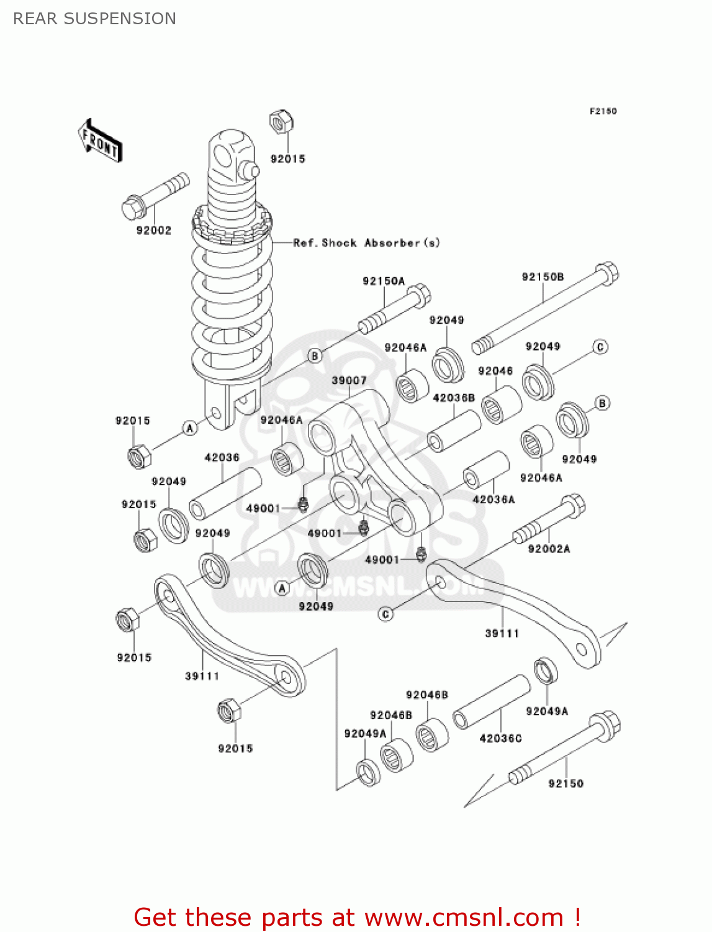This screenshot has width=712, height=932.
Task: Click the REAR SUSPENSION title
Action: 94,19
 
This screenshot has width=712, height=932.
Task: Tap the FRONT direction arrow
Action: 100,141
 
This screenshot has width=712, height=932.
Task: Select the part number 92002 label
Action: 153,231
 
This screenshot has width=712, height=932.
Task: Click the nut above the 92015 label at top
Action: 281,122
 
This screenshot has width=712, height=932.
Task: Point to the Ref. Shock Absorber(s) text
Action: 366,243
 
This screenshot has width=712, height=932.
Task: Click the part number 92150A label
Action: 384,281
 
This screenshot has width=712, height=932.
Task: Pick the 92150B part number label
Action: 543,277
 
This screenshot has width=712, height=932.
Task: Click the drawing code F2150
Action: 603,111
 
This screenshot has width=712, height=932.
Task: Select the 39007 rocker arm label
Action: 349,380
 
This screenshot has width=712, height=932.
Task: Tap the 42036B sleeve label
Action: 454,398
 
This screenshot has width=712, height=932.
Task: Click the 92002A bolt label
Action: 549,549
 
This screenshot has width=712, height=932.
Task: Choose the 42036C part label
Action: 500,738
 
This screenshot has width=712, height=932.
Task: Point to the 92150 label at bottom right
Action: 566,784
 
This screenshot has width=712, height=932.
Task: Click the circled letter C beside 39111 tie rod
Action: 385,614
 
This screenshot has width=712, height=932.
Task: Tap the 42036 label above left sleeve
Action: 222,457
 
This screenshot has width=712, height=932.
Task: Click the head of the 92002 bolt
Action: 132,208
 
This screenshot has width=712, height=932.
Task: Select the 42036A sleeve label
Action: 493,499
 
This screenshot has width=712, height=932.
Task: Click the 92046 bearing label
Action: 495,371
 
